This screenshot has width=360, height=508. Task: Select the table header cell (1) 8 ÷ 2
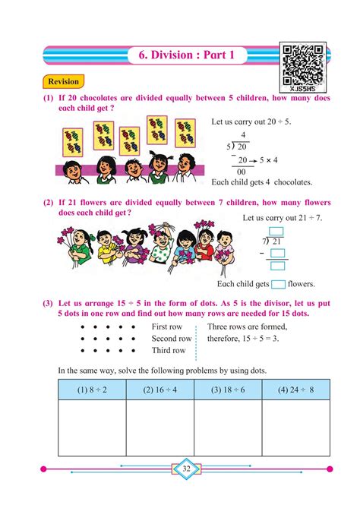(91, 390)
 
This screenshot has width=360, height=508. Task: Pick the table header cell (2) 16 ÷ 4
(159, 390)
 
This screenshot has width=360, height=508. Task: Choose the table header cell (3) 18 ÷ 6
(228, 390)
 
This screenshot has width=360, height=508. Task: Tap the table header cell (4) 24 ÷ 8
(296, 390)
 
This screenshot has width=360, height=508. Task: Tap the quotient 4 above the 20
(243, 134)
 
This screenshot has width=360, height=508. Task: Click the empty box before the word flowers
(278, 284)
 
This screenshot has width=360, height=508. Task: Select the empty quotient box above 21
(276, 231)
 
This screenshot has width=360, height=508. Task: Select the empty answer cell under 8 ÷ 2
(91, 428)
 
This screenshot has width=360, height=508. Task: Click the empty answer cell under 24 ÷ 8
(296, 428)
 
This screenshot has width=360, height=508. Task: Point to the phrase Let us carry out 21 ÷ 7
(282, 217)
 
